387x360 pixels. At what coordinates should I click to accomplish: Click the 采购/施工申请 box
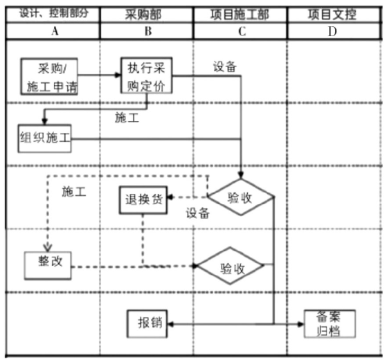(49, 76)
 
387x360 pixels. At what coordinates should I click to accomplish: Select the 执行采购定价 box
(146, 75)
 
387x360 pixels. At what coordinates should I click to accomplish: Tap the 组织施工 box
(45, 138)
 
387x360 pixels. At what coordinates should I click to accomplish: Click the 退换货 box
(143, 200)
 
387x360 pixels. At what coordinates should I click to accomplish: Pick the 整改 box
(48, 265)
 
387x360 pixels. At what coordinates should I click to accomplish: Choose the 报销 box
(147, 323)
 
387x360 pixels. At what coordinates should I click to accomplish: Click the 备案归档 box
(330, 323)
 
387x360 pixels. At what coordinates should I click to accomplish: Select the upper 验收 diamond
(241, 197)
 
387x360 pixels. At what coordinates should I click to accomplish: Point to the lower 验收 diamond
(230, 265)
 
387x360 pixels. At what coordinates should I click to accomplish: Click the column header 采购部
(143, 15)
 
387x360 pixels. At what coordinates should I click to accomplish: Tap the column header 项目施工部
(240, 15)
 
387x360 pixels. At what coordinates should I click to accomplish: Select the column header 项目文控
(332, 15)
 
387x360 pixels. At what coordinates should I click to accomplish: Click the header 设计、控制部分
(54, 13)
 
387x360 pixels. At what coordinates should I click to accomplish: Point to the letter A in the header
(55, 31)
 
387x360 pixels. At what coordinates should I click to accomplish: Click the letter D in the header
(332, 32)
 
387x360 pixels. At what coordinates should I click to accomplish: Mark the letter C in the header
(242, 32)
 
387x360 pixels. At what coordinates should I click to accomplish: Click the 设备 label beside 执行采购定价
(225, 66)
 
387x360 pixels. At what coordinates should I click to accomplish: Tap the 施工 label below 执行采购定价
(127, 118)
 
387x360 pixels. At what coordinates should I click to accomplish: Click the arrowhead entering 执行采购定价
(118, 75)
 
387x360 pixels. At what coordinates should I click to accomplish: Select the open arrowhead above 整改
(48, 247)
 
